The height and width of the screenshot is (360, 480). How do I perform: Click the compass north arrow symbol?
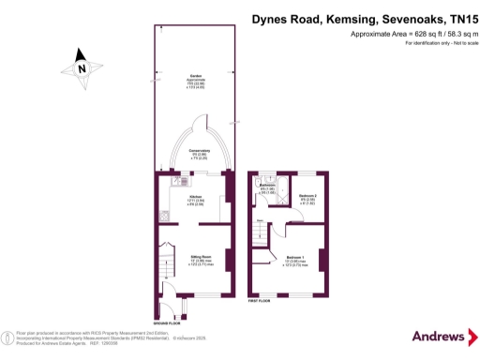point(82,67)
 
